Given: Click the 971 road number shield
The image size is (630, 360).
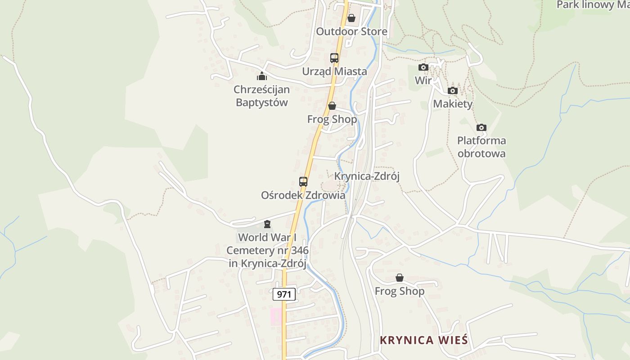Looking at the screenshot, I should pos(284,294).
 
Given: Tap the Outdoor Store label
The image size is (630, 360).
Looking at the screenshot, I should pos(351,31).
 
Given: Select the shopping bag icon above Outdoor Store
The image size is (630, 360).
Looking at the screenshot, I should pos(351,18).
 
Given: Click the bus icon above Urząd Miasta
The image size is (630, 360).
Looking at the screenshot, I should pos(334,58).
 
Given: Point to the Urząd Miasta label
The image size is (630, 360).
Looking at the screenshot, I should pos(334,71).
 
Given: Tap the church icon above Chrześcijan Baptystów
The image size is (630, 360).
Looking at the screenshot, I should pos(262,76).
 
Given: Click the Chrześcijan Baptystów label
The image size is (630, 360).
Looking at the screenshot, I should pos(262,96).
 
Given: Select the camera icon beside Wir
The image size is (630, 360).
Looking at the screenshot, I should pos(423,67).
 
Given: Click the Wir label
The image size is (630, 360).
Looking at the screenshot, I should pos(423,81).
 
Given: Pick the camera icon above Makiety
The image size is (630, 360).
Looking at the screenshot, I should pos(453,91).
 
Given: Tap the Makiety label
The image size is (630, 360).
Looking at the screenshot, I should pos(453,104).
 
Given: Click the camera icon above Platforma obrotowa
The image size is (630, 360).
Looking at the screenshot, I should pos(481,127).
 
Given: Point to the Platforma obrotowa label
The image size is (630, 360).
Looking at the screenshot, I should pos(481,147).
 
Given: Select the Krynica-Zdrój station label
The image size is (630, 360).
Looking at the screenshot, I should pos(367,176).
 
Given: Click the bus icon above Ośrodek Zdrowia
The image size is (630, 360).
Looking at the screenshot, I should pos(303,182).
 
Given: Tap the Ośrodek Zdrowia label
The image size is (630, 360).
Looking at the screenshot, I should pos(303,195).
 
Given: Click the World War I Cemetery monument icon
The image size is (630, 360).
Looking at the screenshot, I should pos(267,224).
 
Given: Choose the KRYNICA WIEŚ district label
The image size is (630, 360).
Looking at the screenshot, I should pos(424,340).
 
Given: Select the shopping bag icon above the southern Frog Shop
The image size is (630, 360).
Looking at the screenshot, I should pos(399,278).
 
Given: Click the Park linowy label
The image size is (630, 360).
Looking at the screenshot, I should pos(592,5).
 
